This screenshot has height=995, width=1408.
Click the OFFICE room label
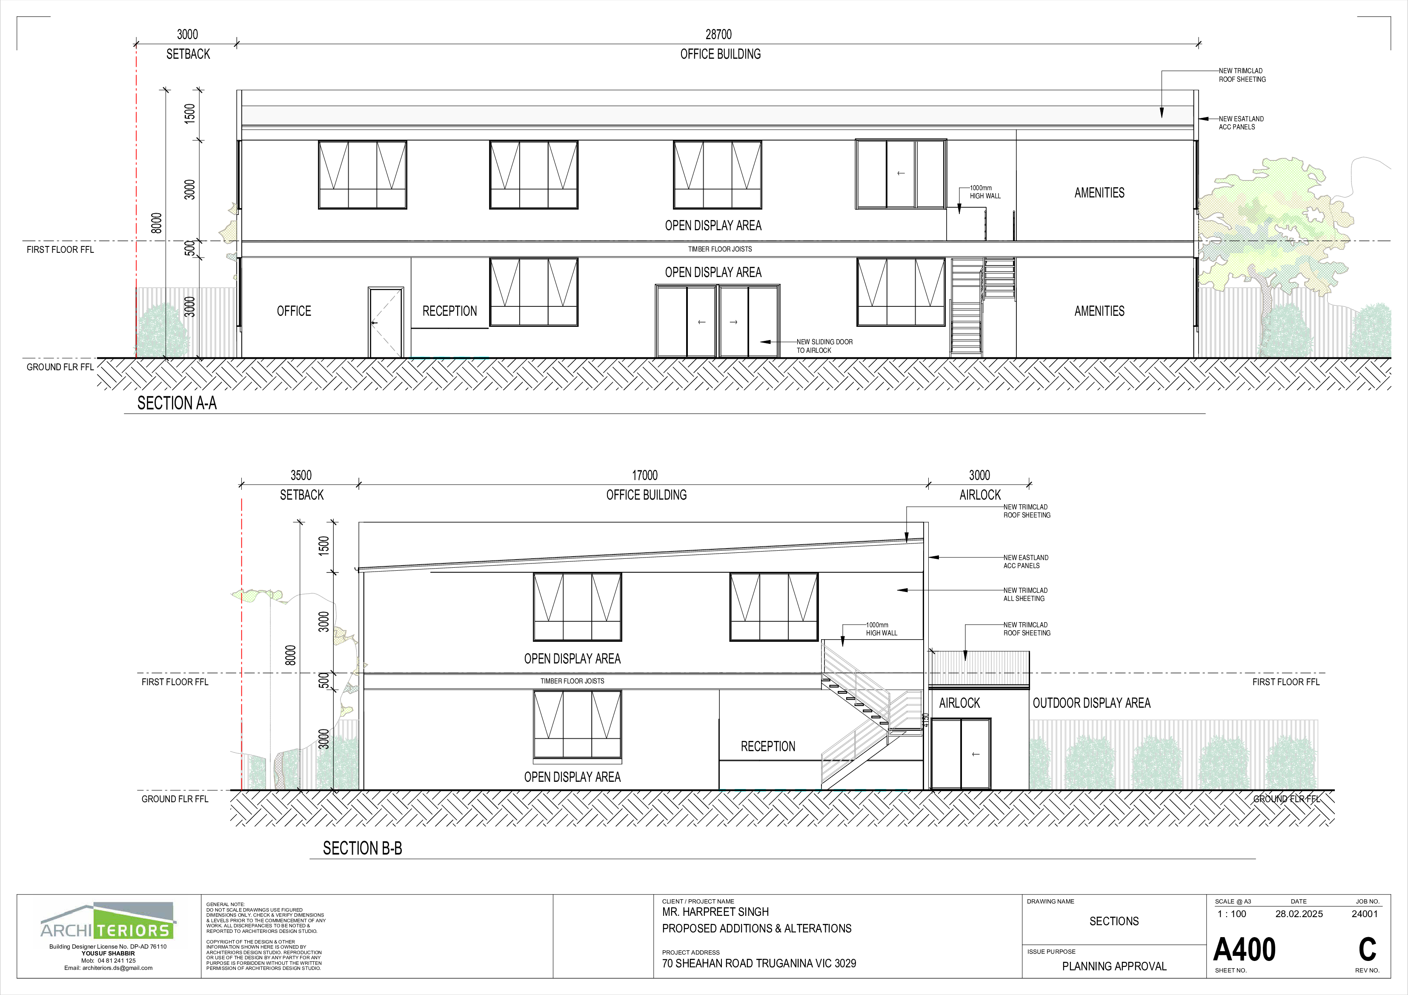(294, 311)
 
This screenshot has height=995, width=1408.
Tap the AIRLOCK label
(959, 703)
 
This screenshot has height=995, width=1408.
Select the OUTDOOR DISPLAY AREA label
(1092, 703)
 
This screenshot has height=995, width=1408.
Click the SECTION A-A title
(177, 403)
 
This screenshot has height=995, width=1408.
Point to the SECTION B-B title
(362, 848)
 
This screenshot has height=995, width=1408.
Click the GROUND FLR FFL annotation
(1286, 799)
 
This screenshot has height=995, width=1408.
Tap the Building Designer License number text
(108, 946)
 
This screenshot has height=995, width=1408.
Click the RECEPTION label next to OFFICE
(449, 311)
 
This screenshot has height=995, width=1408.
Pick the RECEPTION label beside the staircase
(768, 746)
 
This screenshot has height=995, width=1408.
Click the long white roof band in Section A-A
(675, 115)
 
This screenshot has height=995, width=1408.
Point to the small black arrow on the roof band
(1162, 113)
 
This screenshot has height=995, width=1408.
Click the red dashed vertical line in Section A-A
(136, 184)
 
